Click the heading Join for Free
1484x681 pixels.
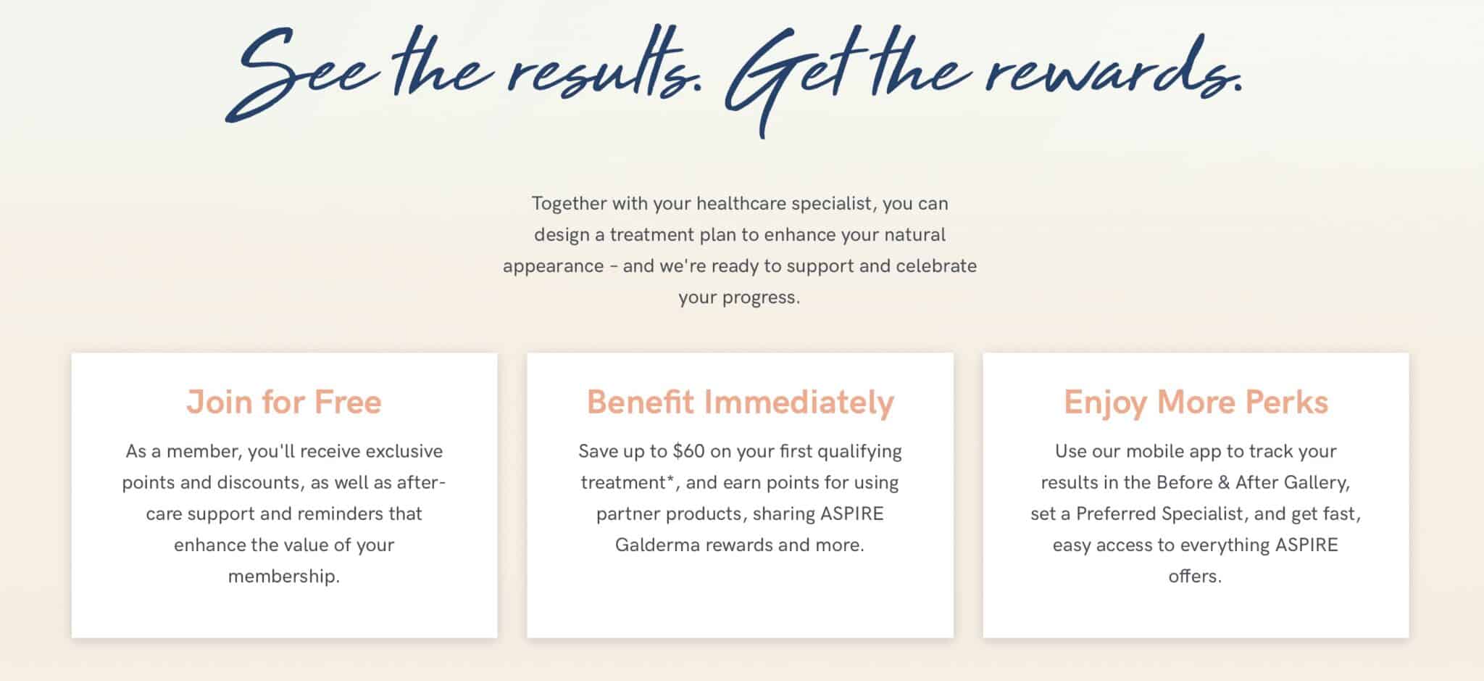tap(283, 403)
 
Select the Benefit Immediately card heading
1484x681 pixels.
tap(740, 403)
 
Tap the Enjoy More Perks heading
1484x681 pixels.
tap(1196, 403)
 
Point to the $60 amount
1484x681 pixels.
tap(688, 451)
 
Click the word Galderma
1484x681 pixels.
tap(657, 545)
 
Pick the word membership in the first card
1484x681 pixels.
tap(283, 577)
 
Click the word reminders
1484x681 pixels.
tap(340, 513)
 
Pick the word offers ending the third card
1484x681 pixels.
tap(1194, 577)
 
